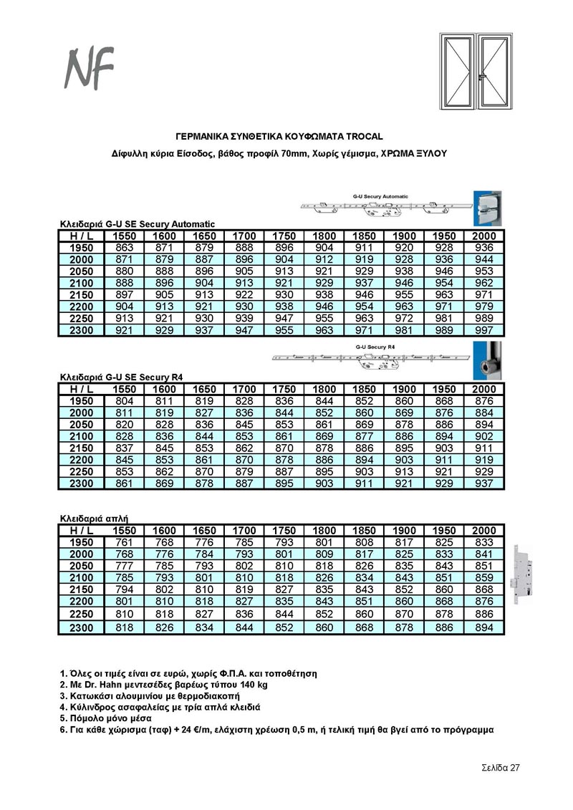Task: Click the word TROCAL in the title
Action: (x=363, y=135)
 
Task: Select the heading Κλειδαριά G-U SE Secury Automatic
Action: (x=136, y=224)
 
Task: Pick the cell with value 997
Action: (x=484, y=331)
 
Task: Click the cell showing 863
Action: (x=124, y=248)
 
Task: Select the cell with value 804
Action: (x=124, y=401)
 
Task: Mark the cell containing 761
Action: (x=124, y=542)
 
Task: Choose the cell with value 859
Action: (x=484, y=577)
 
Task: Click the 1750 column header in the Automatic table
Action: (x=284, y=236)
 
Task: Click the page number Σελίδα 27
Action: (x=500, y=768)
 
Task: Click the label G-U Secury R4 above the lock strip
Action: (x=374, y=347)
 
